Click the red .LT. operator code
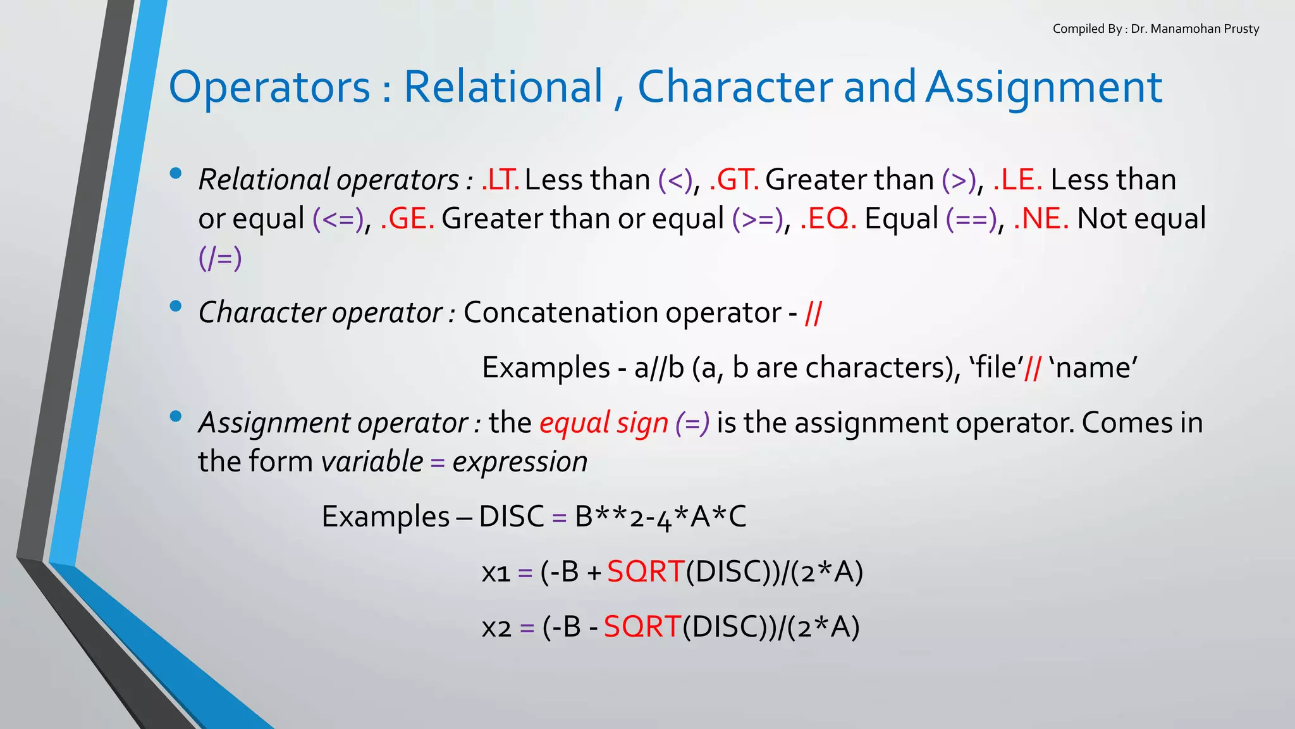click(x=500, y=180)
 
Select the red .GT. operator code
click(x=733, y=180)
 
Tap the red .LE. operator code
click(x=1017, y=180)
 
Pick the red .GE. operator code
click(x=407, y=219)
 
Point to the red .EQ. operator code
click(x=828, y=219)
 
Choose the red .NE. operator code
click(x=1041, y=219)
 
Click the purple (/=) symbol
click(x=220, y=258)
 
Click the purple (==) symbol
click(x=971, y=219)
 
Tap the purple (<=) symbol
click(x=338, y=219)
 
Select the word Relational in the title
click(x=503, y=87)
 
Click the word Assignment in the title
click(x=1044, y=87)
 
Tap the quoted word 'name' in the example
click(x=1093, y=368)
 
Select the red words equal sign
click(x=603, y=423)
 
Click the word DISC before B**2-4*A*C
click(x=511, y=517)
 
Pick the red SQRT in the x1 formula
click(x=646, y=572)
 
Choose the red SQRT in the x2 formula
click(x=642, y=627)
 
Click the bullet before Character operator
click(x=176, y=307)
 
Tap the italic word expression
click(x=520, y=461)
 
